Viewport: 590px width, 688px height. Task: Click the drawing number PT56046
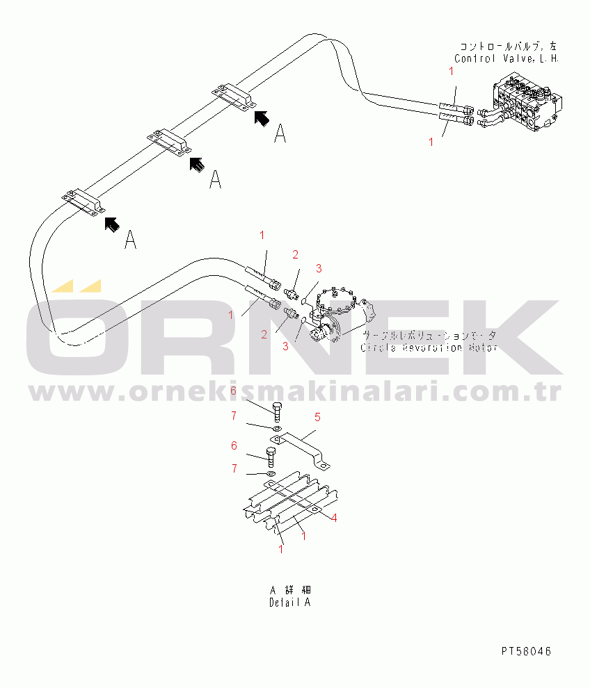(x=526, y=651)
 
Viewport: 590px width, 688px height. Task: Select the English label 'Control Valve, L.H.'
(x=507, y=59)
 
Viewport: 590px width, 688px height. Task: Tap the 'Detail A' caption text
(x=289, y=603)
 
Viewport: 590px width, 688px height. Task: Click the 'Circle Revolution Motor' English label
(x=429, y=347)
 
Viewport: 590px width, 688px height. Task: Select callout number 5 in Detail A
(x=317, y=417)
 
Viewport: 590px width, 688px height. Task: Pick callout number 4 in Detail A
(x=335, y=517)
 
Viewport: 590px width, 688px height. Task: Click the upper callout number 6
(x=234, y=391)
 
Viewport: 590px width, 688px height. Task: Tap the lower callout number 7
(x=234, y=468)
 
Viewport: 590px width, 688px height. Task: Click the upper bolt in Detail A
(x=277, y=412)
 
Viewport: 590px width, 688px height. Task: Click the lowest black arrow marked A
(x=111, y=224)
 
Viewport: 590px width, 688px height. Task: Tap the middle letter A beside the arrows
(x=216, y=180)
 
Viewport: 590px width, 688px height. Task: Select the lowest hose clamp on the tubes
(x=83, y=202)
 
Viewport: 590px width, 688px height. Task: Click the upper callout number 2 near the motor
(x=295, y=254)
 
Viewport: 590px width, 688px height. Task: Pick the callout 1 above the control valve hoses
(x=451, y=71)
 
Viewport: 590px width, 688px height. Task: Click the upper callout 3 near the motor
(x=319, y=268)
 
